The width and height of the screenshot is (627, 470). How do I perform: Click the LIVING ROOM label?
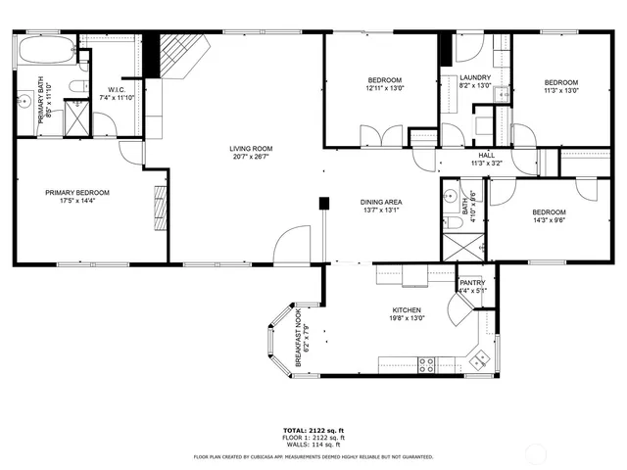(252, 148)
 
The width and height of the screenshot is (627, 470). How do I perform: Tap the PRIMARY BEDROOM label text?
(76, 192)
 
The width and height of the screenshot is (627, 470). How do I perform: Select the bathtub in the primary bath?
(44, 51)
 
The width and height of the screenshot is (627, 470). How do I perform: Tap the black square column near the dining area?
(321, 204)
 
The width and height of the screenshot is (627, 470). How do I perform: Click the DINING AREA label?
(381, 202)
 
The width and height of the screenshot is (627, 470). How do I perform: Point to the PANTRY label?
(472, 283)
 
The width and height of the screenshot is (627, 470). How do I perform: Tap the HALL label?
(486, 156)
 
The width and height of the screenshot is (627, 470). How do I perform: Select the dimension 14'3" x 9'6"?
(549, 220)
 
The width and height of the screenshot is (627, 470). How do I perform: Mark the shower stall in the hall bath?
(456, 244)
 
